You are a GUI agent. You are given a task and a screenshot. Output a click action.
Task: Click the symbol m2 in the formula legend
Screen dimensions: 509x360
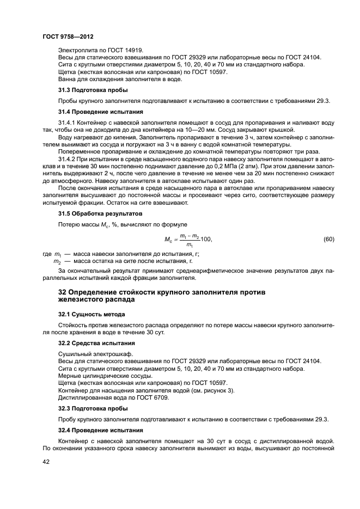click(x=56, y=262)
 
